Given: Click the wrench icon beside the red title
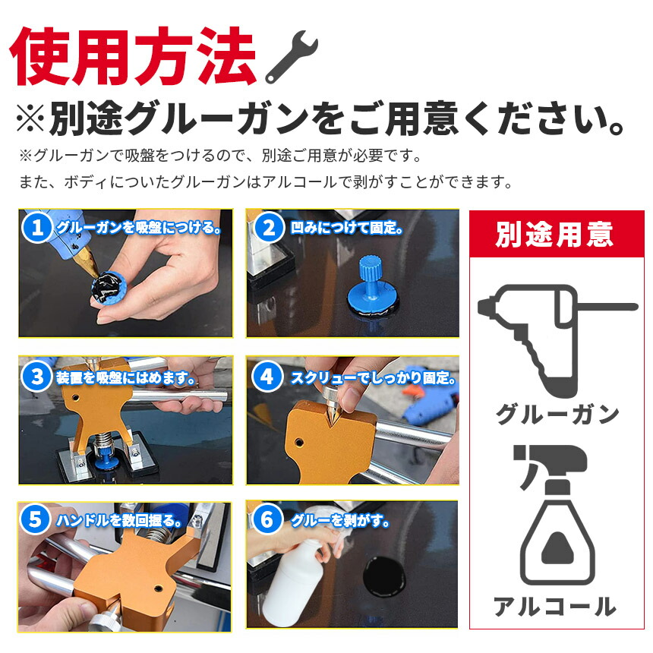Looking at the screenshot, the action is coord(292,56).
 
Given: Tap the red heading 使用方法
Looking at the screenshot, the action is coord(132,56).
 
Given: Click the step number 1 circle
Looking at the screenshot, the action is coord(36,227).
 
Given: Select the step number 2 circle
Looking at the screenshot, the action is coord(269,228).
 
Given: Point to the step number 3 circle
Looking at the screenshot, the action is coord(36,377).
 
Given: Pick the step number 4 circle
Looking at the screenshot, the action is coord(267,377).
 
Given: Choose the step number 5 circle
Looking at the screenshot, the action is coord(35,519).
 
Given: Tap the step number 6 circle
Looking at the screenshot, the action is coord(267,519).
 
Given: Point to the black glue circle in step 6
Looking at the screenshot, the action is coord(384,576).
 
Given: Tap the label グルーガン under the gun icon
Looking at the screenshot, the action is coord(557,415).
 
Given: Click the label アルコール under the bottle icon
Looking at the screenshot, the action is coord(556,606).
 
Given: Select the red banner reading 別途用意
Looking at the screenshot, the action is coord(557,234).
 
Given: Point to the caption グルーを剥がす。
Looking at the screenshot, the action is coord(340,521).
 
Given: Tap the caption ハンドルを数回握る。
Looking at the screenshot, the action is coord(119,521).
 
